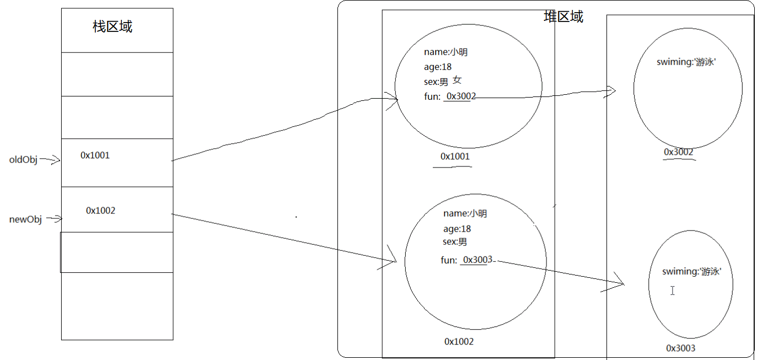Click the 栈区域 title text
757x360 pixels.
tap(112, 26)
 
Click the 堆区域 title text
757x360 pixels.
tap(563, 17)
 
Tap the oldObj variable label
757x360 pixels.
tap(23, 159)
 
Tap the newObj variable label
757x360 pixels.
tap(25, 219)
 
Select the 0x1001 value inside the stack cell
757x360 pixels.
tap(95, 155)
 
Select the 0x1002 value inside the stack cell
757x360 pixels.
tap(100, 211)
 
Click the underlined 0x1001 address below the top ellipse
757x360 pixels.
tap(455, 156)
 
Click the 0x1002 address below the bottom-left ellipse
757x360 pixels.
tap(459, 341)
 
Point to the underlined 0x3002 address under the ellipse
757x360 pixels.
tap(678, 152)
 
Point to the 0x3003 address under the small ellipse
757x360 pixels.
tap(680, 348)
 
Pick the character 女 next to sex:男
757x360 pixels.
tap(457, 80)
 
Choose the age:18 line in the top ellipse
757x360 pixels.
tap(438, 67)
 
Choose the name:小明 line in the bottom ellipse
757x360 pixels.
tap(465, 213)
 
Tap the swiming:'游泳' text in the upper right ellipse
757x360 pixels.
tap(686, 62)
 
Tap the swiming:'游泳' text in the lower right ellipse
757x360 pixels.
tap(692, 271)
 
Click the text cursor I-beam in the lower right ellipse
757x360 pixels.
tap(673, 291)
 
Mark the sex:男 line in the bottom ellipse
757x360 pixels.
tap(455, 241)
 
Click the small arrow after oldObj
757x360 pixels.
tap(50, 160)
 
